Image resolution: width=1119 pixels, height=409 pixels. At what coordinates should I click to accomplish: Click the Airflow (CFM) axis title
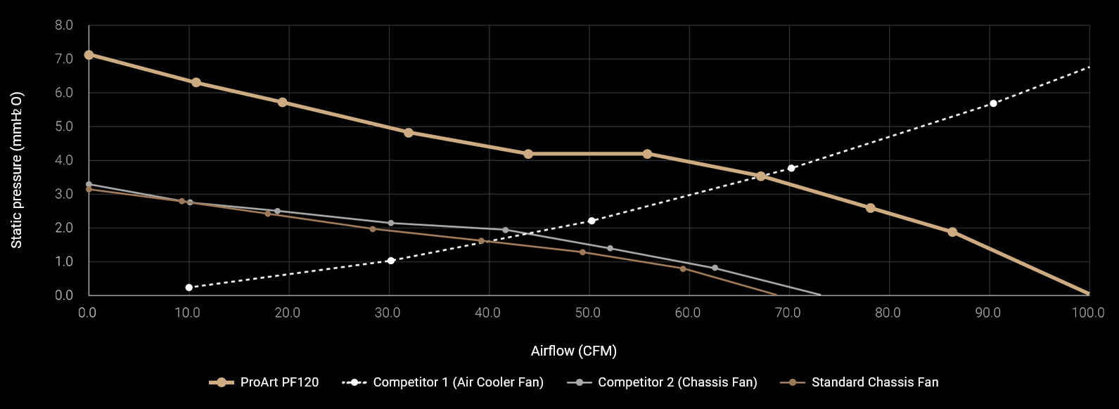point(573,351)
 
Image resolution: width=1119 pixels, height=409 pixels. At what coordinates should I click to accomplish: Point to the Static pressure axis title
point(16,170)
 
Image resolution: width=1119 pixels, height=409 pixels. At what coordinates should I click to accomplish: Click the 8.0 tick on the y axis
point(64,25)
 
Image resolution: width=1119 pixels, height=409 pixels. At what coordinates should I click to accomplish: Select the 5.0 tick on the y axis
point(64,126)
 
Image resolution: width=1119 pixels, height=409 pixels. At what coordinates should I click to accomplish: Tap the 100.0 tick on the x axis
point(1088,313)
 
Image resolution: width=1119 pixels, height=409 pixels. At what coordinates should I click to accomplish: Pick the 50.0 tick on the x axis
point(588,313)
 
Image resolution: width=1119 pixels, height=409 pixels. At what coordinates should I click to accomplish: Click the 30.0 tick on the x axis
point(388,313)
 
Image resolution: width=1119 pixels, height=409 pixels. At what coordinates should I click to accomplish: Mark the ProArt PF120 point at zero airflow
point(89,55)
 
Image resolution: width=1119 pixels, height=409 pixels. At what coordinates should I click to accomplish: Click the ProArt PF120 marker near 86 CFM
point(952,232)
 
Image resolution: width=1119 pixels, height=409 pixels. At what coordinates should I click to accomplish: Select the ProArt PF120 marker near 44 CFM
point(528,154)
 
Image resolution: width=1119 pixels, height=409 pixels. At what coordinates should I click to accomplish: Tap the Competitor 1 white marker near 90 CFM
point(993,103)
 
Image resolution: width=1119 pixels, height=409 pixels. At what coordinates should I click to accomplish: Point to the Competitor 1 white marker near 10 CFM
point(188,287)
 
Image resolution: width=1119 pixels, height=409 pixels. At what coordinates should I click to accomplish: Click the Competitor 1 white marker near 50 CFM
point(592,221)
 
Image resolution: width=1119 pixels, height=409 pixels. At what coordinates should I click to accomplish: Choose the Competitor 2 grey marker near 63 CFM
point(715,268)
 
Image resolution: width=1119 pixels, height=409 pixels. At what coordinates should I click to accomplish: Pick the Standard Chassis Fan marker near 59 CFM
point(682,268)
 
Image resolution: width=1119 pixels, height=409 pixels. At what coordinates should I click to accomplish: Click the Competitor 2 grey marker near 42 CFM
point(505,230)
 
